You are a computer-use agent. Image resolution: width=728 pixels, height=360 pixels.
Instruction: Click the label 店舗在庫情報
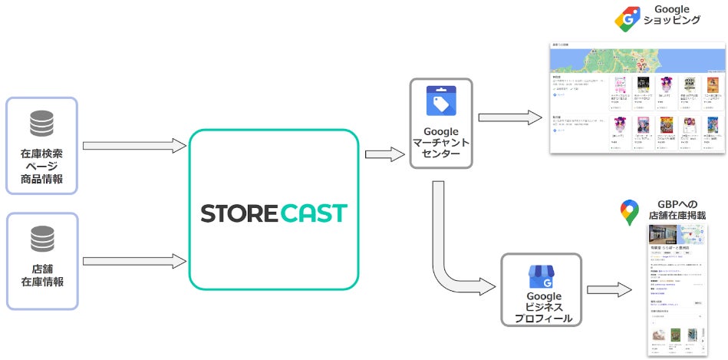[x=41, y=275]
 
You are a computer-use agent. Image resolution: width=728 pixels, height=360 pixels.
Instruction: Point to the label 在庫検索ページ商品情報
[x=41, y=167]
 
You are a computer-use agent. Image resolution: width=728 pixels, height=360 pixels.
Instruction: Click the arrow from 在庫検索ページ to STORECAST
[x=134, y=146]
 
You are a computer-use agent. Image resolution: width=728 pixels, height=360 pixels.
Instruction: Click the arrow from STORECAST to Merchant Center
[x=385, y=154]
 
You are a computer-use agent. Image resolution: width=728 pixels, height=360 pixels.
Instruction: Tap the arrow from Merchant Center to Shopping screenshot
[x=509, y=117]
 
